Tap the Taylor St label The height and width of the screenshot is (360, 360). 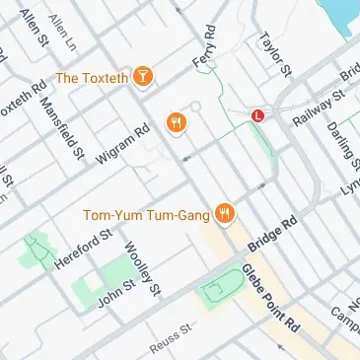tap(275, 54)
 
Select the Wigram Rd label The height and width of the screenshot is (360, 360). tap(122, 142)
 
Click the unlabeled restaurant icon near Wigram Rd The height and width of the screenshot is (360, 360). tap(178, 122)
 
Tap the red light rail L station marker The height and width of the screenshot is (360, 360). tap(258, 115)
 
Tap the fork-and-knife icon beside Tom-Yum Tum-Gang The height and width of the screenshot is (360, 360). tap(226, 211)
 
